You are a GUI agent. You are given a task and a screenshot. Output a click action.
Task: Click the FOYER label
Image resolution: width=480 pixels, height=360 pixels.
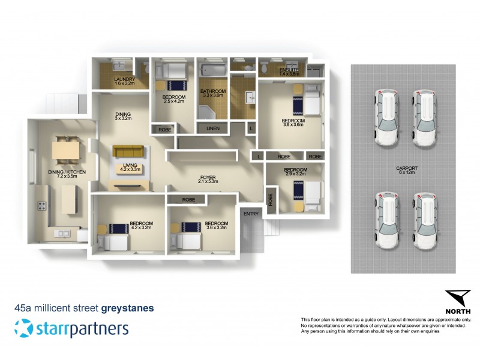(208, 179)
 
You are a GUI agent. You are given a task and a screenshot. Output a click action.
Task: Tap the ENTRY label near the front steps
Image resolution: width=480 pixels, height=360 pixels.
(251, 213)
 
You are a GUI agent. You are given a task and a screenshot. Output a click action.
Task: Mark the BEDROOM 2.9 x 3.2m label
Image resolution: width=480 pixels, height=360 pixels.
(295, 173)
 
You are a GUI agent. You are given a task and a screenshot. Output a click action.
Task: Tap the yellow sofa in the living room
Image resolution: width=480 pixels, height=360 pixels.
(127, 151)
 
